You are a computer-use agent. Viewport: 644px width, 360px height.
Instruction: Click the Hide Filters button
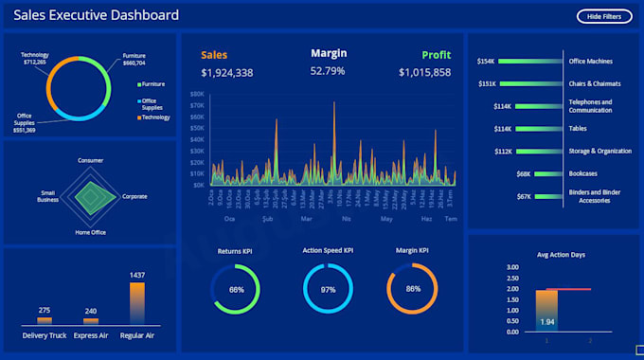pos(604,16)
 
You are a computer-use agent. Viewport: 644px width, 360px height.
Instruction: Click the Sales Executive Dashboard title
pos(96,16)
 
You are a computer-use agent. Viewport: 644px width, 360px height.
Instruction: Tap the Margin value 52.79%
pos(328,71)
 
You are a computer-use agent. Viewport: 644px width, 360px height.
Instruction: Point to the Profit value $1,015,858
pos(424,72)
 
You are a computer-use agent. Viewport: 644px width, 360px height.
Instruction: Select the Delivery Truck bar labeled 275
pos(45,321)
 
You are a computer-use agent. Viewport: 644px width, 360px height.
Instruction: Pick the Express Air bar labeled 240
pos(91,322)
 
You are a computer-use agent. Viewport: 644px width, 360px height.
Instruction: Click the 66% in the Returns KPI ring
pos(237,289)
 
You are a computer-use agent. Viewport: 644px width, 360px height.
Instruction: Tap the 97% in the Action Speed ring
pos(328,289)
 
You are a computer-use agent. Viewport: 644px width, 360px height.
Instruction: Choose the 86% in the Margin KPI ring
pos(413,289)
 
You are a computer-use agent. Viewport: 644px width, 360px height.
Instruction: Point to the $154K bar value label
pos(487,62)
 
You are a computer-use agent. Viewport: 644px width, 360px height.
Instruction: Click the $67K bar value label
pos(524,196)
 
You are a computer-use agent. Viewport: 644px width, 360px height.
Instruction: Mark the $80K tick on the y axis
pos(197,95)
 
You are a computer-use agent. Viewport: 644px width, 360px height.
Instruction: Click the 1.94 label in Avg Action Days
pos(546,322)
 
